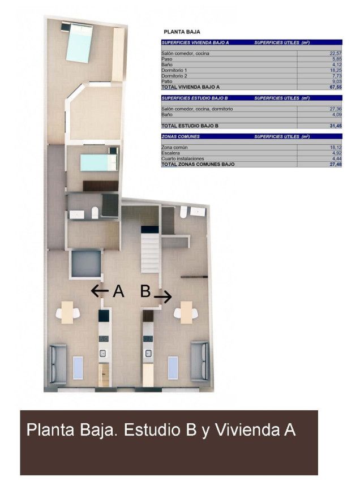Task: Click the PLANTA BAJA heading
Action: pyautogui.click(x=182, y=32)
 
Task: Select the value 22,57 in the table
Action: pyautogui.click(x=336, y=54)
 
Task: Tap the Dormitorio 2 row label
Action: pyautogui.click(x=174, y=76)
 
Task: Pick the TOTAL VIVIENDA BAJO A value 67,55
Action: pyautogui.click(x=336, y=87)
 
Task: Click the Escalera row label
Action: pyautogui.click(x=170, y=153)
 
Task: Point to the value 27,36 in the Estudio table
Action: pyautogui.click(x=336, y=109)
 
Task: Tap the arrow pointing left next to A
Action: pyautogui.click(x=100, y=291)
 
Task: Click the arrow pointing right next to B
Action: pyautogui.click(x=163, y=296)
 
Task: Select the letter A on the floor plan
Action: pyautogui.click(x=118, y=291)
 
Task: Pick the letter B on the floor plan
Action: pyautogui.click(x=145, y=291)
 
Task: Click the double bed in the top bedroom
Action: pyautogui.click(x=79, y=42)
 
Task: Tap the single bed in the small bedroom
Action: pyautogui.click(x=99, y=162)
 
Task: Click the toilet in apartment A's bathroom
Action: pyautogui.click(x=95, y=213)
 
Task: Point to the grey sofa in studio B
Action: pyautogui.click(x=200, y=361)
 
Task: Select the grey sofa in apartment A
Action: pyautogui.click(x=58, y=364)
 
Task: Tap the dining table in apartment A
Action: pyautogui.click(x=67, y=312)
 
